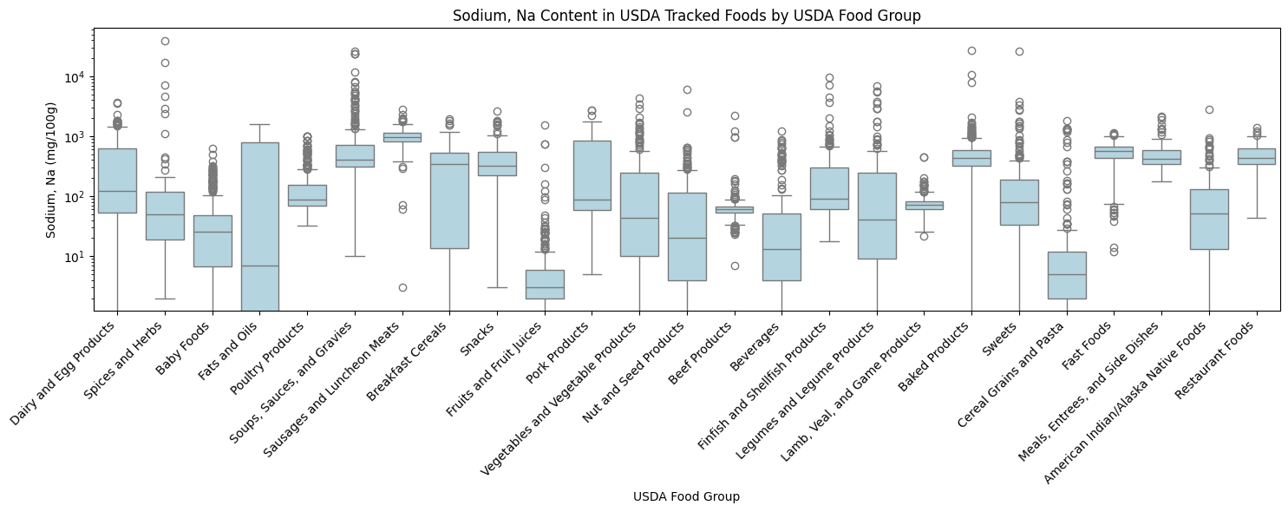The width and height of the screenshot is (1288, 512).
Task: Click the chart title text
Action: coord(686,16)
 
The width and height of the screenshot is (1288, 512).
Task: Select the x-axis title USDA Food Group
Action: coord(686,496)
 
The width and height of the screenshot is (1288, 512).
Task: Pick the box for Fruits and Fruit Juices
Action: coord(545,284)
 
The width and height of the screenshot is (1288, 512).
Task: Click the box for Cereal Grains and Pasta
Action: coord(1067,275)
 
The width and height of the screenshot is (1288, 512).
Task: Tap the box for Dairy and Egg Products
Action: coord(117,181)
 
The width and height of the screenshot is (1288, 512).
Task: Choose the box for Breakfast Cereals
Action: coord(449,200)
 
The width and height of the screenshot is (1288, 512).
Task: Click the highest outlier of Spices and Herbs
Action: coord(165,41)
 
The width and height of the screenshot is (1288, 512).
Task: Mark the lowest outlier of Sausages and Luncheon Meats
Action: coord(402,287)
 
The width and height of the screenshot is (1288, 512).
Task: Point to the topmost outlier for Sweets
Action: coord(1019,51)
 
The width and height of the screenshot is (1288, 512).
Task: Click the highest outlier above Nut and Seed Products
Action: coord(687,89)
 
